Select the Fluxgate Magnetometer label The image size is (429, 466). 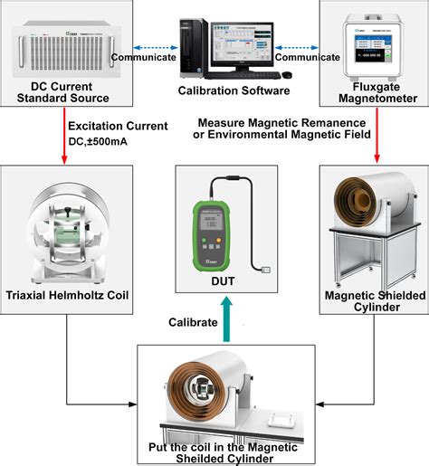point(370,90)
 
